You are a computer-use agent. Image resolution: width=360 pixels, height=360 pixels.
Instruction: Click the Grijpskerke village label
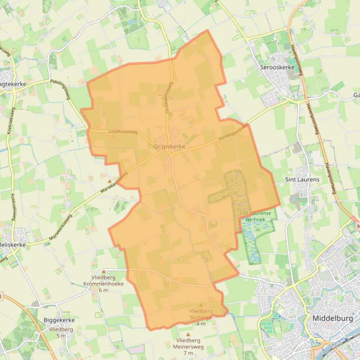[169, 146]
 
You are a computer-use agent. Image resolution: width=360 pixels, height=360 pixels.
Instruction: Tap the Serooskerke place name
[277, 67]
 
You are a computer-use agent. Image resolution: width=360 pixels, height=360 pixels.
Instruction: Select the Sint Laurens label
[302, 179]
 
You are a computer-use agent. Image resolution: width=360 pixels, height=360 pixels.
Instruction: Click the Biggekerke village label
[59, 320]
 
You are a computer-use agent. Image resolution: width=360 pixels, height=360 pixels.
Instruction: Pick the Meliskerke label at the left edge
[13, 245]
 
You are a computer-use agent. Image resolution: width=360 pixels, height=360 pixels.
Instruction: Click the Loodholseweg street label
[123, 132]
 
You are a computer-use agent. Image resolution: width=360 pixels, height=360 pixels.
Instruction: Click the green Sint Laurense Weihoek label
[255, 216]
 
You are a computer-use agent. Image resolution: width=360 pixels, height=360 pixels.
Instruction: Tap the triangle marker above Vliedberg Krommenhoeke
[103, 272]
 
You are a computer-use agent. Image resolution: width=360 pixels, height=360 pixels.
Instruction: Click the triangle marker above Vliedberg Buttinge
[201, 305]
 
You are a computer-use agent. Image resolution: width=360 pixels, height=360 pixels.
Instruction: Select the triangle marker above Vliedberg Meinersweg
[188, 334]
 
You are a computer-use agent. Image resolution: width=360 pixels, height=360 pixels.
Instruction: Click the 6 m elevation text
[103, 290]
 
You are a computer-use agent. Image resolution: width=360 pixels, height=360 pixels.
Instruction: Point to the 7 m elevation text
[188, 353]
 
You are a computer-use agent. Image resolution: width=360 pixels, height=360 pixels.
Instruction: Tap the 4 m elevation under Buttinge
[201, 324]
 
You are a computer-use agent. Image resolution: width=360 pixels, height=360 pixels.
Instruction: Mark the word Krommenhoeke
[103, 284]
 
